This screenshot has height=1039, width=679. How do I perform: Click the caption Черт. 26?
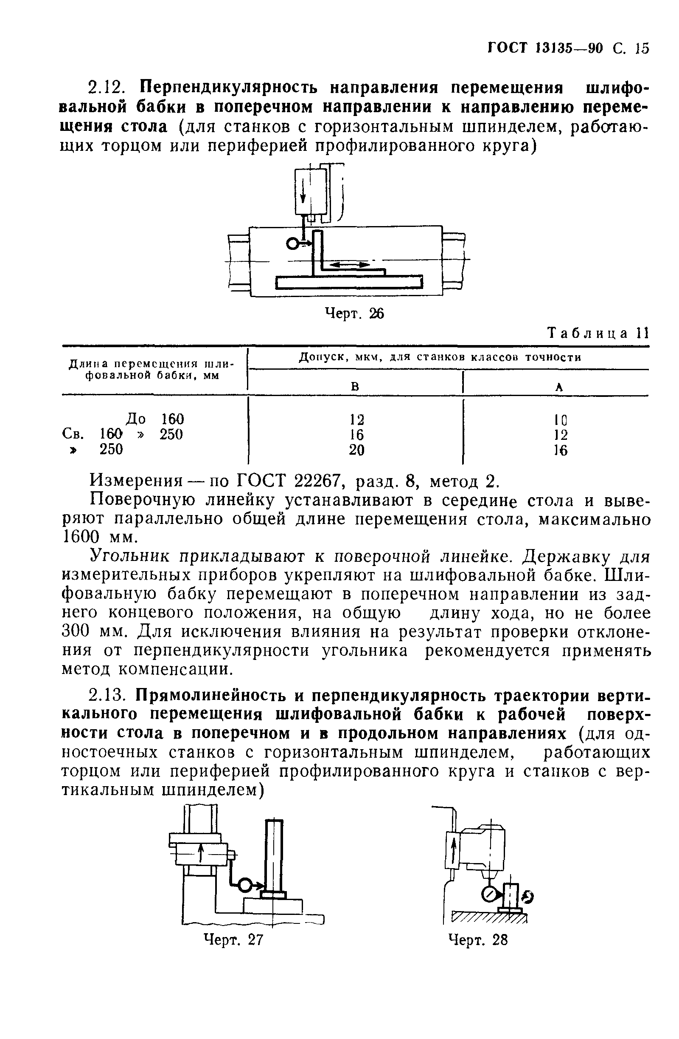[354, 314]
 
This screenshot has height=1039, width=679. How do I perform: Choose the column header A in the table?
[559, 387]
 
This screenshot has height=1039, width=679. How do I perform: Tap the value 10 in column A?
[560, 420]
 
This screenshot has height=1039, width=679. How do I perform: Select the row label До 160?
[155, 419]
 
